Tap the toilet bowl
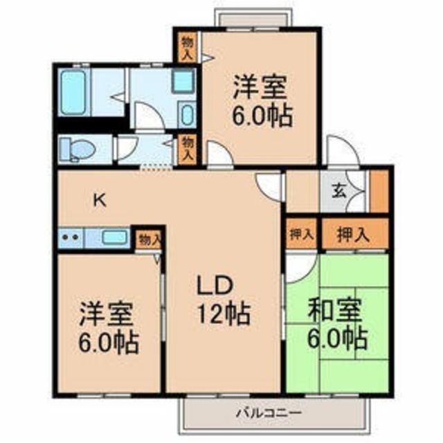(80, 150)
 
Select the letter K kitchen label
(100, 201)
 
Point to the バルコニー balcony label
(269, 413)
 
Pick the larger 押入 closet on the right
(354, 234)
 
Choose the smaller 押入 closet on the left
(302, 234)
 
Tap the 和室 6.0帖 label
(337, 324)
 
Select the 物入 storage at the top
(187, 48)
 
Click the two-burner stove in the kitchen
(71, 237)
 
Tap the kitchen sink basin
(114, 237)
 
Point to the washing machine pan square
(183, 80)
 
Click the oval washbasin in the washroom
(188, 114)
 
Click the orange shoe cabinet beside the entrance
(379, 191)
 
